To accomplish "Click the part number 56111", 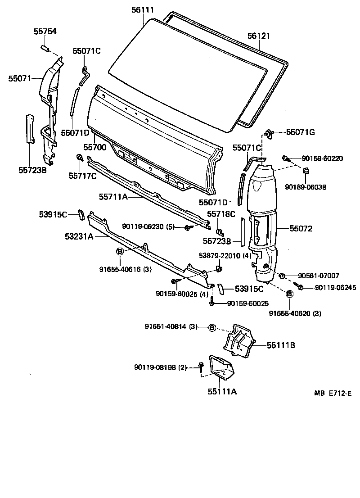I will coord(143,9).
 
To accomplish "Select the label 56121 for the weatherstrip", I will coord(259,36).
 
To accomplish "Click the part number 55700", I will coord(94,147).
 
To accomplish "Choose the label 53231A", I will coord(79,236).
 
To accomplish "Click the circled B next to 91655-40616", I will coord(120,252).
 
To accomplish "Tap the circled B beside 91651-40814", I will coord(212,327).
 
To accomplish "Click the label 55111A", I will coord(222,391).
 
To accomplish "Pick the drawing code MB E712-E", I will coord(333,393).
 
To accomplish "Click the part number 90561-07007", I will coord(318,276).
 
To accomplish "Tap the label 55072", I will coord(301,229).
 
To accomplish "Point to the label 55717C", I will coord(82,175).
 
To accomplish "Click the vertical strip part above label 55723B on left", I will coord(29,129).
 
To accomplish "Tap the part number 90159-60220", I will coord(322,158).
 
